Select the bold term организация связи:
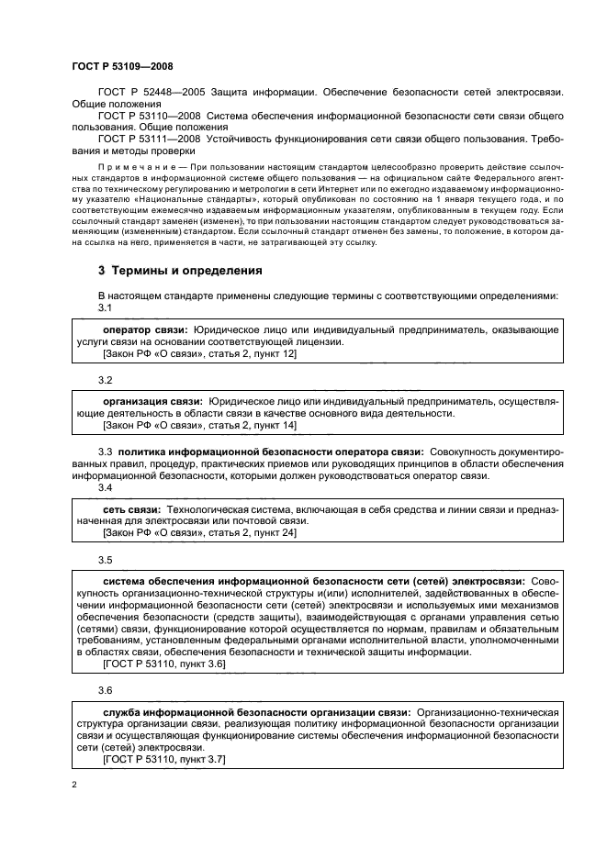pyautogui.click(x=152, y=401)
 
